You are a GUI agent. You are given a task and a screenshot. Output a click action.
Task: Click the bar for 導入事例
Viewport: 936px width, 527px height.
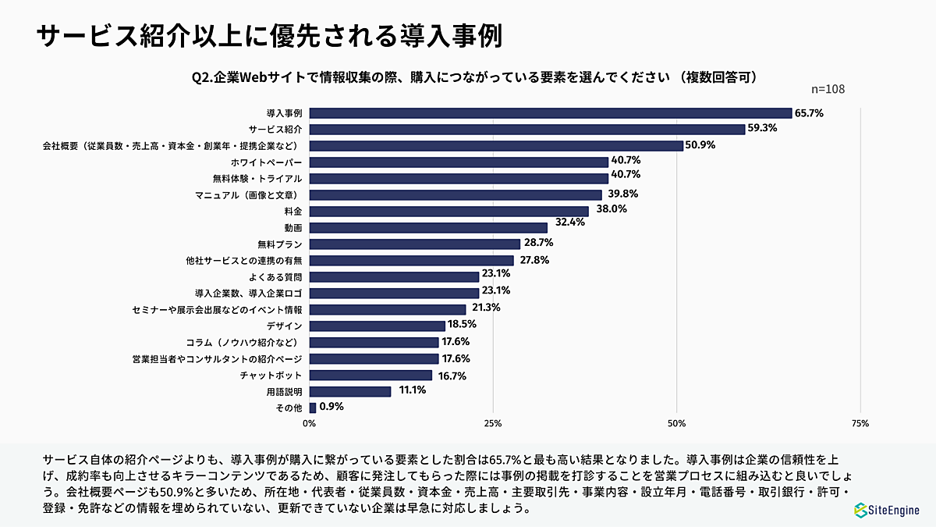pyautogui.click(x=551, y=113)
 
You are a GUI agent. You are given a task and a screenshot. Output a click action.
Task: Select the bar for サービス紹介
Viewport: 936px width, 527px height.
pyautogui.click(x=527, y=129)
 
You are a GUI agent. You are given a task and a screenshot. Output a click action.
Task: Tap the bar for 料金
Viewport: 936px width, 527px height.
pyautogui.click(x=448, y=211)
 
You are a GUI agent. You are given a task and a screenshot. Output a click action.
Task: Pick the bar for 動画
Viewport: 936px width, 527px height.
pyautogui.click(x=428, y=227)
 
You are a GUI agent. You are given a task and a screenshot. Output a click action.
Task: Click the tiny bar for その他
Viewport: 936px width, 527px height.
pyautogui.click(x=313, y=408)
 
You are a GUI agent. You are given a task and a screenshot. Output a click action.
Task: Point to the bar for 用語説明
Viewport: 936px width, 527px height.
pyautogui.click(x=350, y=391)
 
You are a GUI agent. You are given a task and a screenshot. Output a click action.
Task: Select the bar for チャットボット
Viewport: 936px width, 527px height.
pyautogui.click(x=370, y=375)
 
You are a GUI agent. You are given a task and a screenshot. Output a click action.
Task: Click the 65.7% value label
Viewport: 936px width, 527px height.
pyautogui.click(x=809, y=113)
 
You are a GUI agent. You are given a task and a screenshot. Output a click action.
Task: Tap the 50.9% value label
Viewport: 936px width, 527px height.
pyautogui.click(x=700, y=145)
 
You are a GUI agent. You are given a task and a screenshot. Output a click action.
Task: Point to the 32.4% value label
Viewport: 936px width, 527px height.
pyautogui.click(x=565, y=222)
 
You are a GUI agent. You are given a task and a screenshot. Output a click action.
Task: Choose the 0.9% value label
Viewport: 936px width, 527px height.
pyautogui.click(x=331, y=407)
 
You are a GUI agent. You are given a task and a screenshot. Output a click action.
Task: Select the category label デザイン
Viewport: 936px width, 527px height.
pyautogui.click(x=285, y=326)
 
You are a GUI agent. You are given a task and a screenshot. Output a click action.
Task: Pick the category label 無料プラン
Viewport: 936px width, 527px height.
pyautogui.click(x=280, y=244)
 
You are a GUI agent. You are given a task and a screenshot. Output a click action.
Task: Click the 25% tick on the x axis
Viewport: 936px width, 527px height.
pyautogui.click(x=493, y=423)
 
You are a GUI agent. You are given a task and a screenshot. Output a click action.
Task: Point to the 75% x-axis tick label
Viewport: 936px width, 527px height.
pyautogui.click(x=860, y=423)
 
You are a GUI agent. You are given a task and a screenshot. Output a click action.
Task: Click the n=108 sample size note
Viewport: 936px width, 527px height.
pyautogui.click(x=828, y=89)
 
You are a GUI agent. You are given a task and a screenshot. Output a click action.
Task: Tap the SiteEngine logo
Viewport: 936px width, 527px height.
pyautogui.click(x=886, y=510)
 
